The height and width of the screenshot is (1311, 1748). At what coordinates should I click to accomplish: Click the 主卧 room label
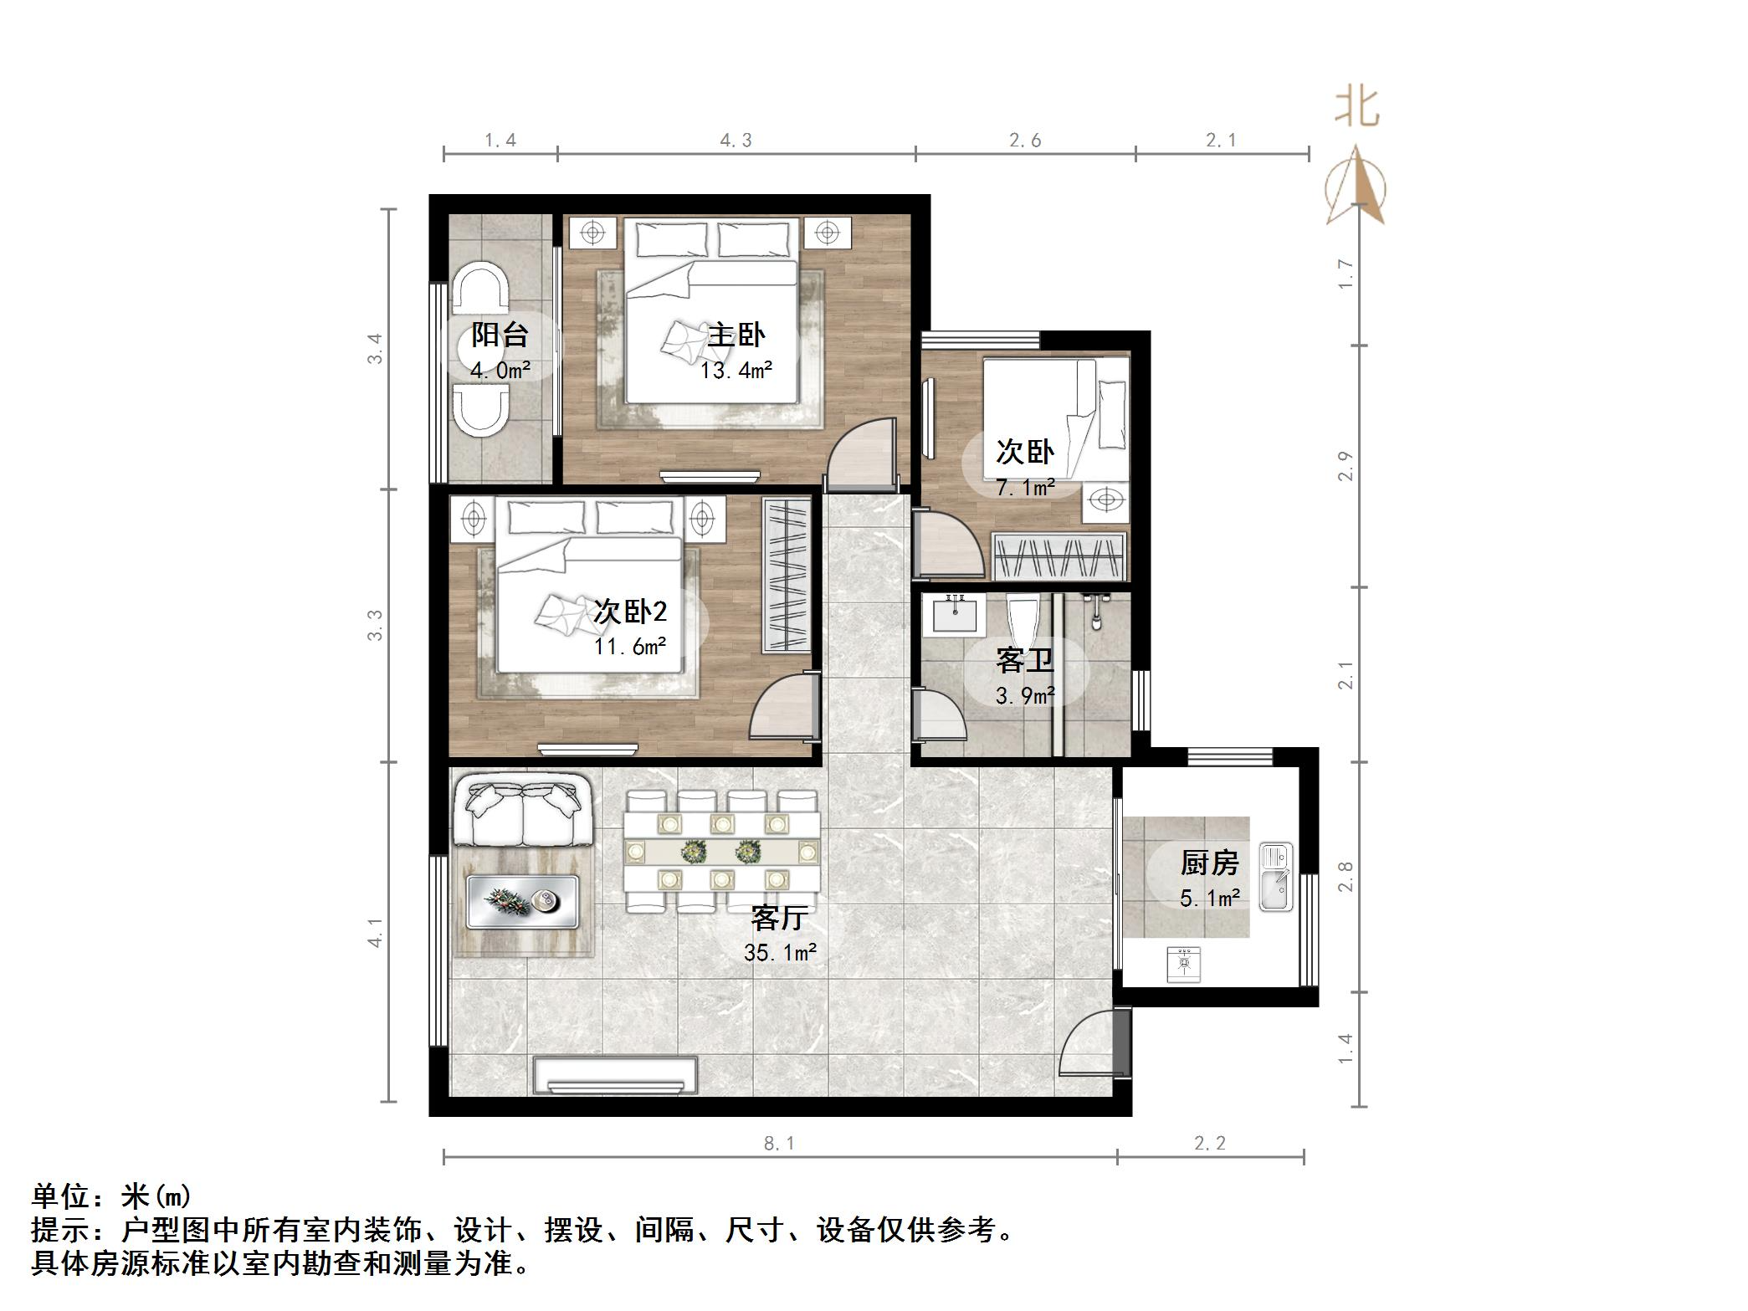coord(736,335)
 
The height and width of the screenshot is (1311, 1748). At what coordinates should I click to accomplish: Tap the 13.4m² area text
coord(736,370)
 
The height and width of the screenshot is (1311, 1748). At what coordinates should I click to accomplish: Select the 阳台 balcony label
coord(500,335)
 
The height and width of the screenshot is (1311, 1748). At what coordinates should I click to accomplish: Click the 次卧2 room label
coord(630,612)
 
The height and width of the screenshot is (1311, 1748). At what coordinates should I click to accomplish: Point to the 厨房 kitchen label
coord(1209,863)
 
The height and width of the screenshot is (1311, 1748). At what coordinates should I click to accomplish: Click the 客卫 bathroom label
coord(1024,661)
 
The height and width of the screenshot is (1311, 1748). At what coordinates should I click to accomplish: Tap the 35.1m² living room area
coord(780,952)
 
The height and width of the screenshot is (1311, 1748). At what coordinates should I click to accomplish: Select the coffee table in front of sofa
coord(522,901)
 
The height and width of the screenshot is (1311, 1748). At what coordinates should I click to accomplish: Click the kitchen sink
coord(1276,877)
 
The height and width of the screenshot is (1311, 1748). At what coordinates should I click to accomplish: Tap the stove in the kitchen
coord(1184,963)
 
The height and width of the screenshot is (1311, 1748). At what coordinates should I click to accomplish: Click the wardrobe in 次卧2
coord(787,575)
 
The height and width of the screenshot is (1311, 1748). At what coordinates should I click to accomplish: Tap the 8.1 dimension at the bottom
coord(779,1144)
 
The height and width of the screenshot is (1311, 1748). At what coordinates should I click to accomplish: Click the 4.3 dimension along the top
coord(736,141)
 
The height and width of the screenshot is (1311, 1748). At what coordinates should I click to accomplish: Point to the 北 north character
coord(1356,107)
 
